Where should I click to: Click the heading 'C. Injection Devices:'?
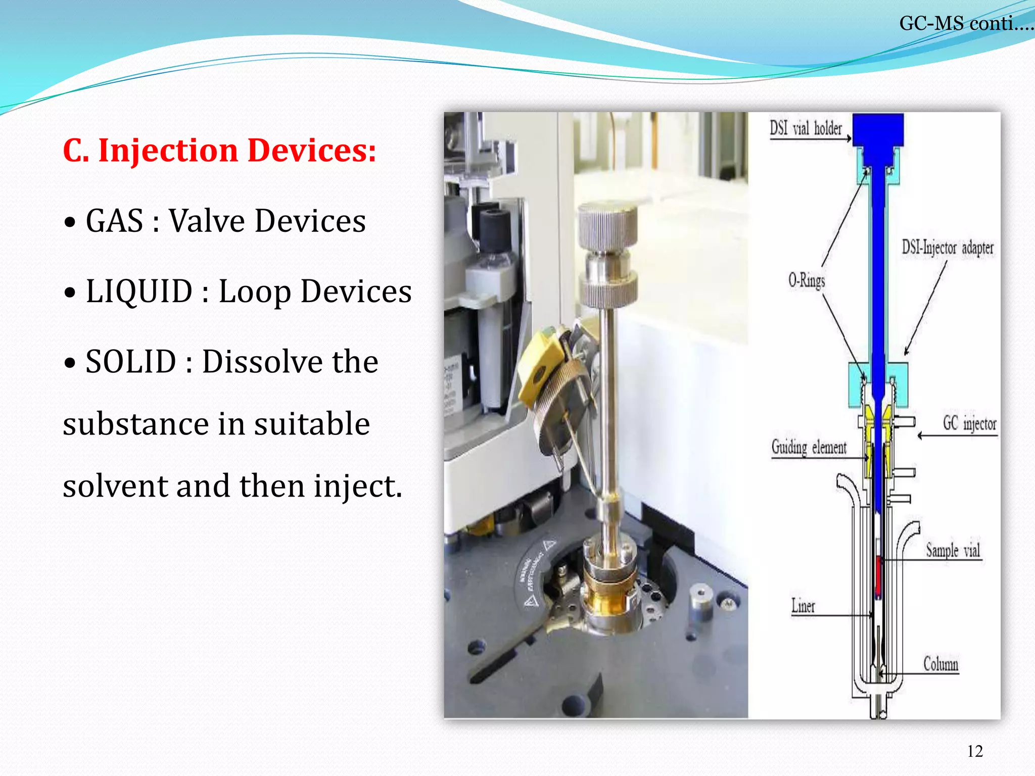(x=219, y=151)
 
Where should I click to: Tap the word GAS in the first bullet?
(x=114, y=221)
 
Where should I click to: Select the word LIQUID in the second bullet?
(x=139, y=292)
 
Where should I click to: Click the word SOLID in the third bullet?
(x=130, y=362)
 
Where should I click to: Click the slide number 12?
(x=975, y=751)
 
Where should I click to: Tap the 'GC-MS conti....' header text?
(x=965, y=23)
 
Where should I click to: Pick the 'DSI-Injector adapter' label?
(x=947, y=248)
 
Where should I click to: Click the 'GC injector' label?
(x=969, y=423)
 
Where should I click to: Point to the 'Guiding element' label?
(x=808, y=448)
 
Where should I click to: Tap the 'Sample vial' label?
(x=953, y=550)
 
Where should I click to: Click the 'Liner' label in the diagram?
(x=803, y=605)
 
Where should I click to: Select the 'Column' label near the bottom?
(x=940, y=663)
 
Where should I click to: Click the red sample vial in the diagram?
(x=879, y=576)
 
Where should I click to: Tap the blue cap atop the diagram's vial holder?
(x=878, y=129)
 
